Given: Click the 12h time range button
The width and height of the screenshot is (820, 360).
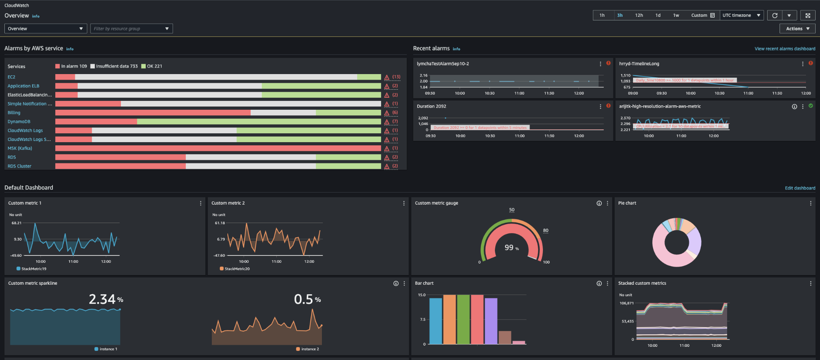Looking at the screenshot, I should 639,15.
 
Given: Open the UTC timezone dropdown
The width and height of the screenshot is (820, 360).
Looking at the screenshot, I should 741,15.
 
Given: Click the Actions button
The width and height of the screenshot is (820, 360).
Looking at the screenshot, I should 797,28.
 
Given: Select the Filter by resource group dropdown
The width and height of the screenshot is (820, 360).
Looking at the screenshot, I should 131,28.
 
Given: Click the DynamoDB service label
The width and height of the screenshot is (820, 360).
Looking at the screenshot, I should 19,122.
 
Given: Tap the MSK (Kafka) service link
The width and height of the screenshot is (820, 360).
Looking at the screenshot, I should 20,148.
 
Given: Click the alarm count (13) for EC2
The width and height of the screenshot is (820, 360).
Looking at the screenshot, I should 396,77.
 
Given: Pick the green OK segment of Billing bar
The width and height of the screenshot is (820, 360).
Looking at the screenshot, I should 348,113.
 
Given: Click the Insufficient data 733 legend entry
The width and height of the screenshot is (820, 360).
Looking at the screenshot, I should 114,66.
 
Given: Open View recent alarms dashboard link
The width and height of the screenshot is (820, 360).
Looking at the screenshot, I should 784,49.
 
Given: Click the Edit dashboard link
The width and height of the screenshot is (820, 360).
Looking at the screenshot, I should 800,188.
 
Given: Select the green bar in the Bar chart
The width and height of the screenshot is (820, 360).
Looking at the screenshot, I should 463,319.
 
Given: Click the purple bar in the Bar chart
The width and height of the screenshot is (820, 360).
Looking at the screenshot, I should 491,320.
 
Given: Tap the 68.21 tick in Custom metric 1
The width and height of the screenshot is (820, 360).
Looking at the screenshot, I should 16,223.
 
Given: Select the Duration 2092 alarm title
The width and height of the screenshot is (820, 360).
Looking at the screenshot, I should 431,107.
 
